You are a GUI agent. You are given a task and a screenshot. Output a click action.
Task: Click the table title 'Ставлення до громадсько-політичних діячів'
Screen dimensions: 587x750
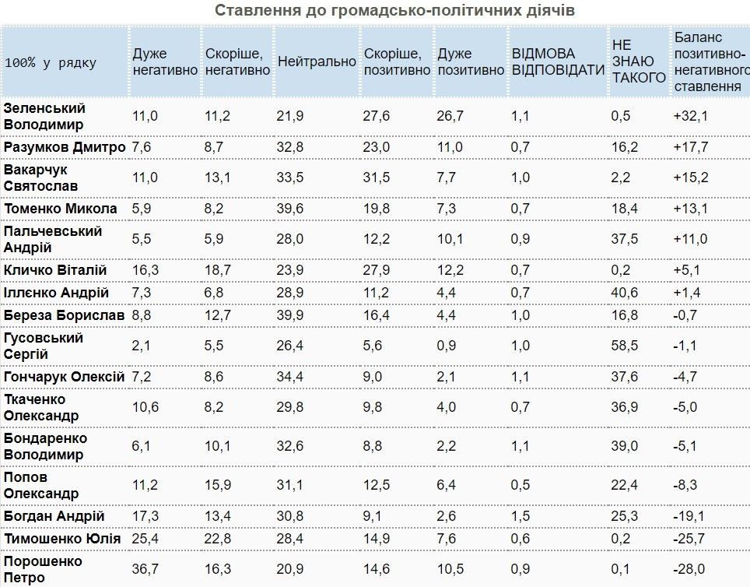coord(394,10)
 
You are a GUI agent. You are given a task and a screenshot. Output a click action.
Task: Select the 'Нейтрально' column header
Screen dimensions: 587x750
coord(316,62)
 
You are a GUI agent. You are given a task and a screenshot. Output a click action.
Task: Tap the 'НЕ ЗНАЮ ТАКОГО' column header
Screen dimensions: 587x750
coord(638,62)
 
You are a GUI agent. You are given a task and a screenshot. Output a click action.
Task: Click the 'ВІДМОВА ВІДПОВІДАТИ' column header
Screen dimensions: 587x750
coord(558,62)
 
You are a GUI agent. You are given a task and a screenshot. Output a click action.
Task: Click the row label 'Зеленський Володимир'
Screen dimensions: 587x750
coord(44,115)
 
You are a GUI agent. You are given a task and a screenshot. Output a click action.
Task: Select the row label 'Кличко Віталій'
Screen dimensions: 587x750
coord(55,269)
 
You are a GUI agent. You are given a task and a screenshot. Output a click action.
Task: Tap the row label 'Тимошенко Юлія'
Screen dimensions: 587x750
coord(62,539)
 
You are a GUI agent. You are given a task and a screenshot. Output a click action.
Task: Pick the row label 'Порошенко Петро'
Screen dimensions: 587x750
coord(43,569)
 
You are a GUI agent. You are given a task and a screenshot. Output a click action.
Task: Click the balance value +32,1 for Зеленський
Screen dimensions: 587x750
coord(691,116)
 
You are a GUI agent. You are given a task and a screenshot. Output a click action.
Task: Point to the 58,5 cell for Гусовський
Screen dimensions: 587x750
coord(625,346)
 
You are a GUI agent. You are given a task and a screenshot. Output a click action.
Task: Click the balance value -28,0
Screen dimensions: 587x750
coord(691,569)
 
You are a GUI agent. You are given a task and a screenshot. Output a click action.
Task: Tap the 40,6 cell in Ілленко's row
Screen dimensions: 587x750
coord(625,292)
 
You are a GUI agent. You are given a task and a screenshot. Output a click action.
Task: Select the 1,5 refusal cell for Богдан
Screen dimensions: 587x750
coord(520,515)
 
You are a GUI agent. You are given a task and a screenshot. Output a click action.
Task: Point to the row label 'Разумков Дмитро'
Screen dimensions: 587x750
coord(65,147)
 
